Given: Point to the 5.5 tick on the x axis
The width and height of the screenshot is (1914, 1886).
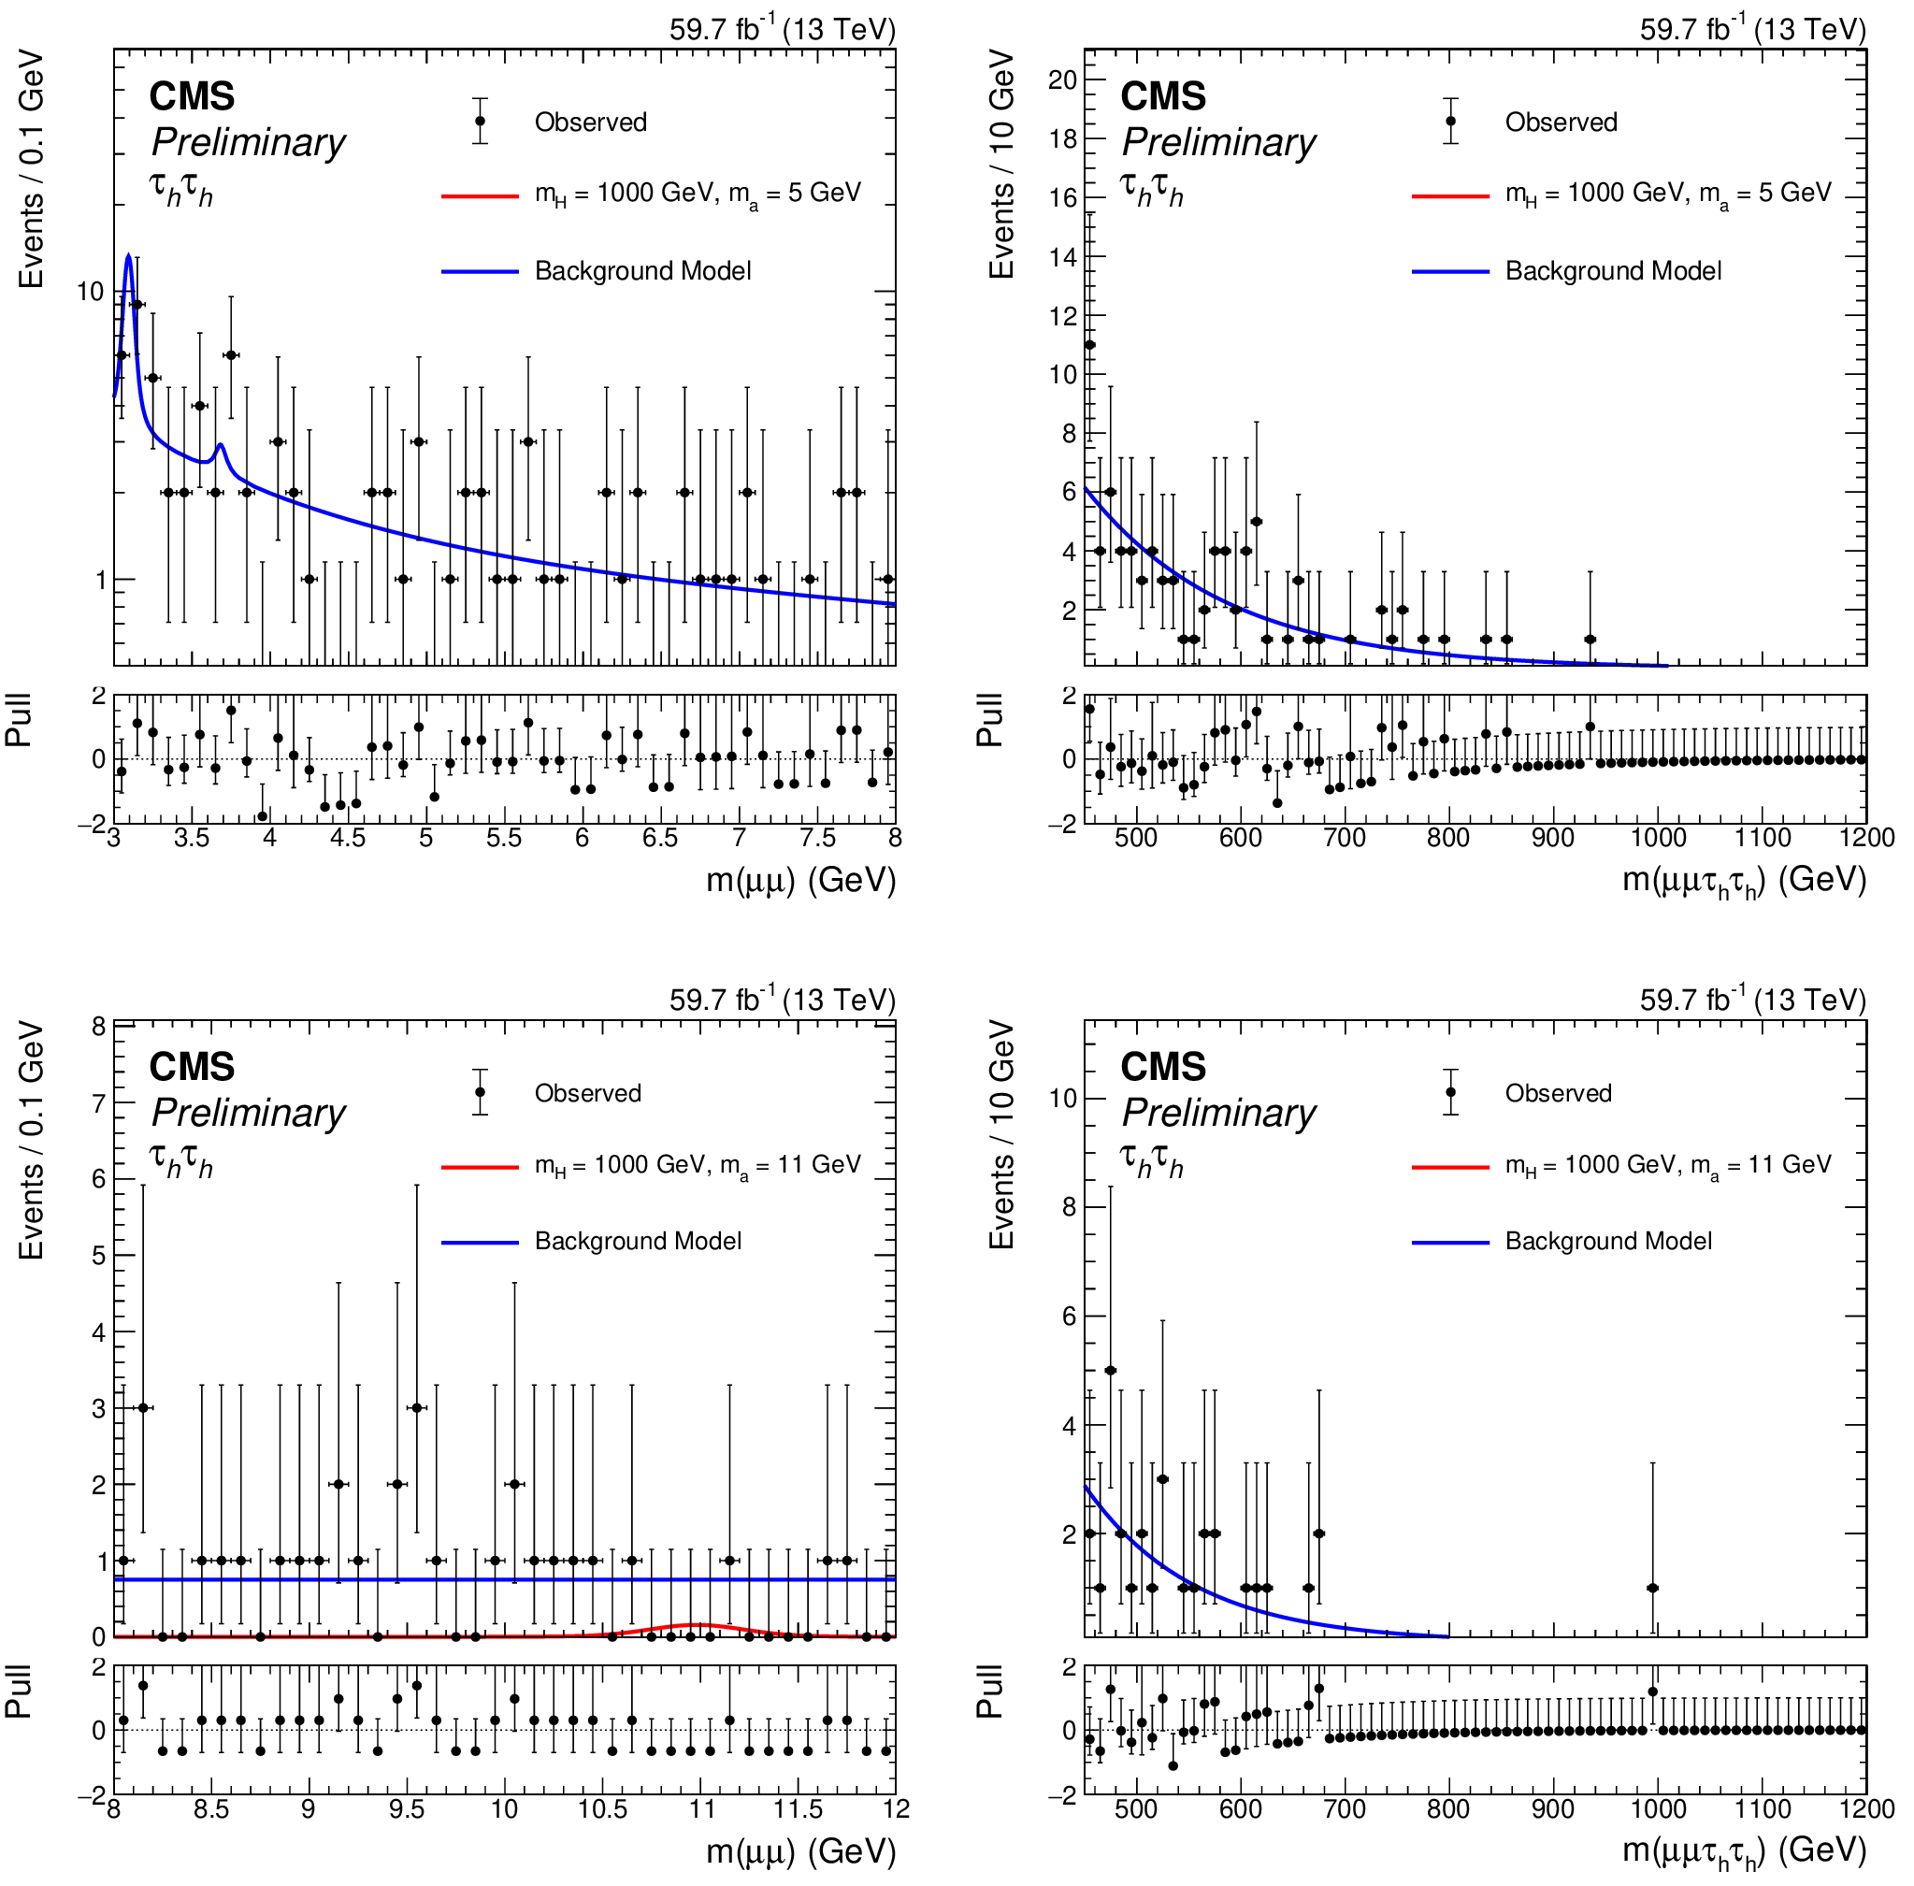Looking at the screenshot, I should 503,838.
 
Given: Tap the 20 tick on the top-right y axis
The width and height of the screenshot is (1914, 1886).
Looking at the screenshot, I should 1063,80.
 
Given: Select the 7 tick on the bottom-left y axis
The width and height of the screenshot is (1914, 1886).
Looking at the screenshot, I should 99,1103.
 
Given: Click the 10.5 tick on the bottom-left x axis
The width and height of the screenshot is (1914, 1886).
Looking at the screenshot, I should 602,1808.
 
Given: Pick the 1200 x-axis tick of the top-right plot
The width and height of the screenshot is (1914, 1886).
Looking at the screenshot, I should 1866,838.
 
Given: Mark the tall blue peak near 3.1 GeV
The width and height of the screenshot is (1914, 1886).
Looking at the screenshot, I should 129,255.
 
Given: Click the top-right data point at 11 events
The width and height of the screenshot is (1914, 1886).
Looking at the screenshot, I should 1089,345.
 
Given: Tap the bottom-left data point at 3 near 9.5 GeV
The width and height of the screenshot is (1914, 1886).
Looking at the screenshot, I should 417,1408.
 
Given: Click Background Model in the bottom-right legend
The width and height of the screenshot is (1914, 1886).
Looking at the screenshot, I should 1608,1242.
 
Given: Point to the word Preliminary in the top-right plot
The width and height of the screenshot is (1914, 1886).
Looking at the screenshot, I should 1218,143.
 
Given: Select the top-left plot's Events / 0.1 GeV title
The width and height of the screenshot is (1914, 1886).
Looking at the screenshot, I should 31,168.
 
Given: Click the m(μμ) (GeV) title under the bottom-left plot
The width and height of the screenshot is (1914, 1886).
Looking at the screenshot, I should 800,1851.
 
